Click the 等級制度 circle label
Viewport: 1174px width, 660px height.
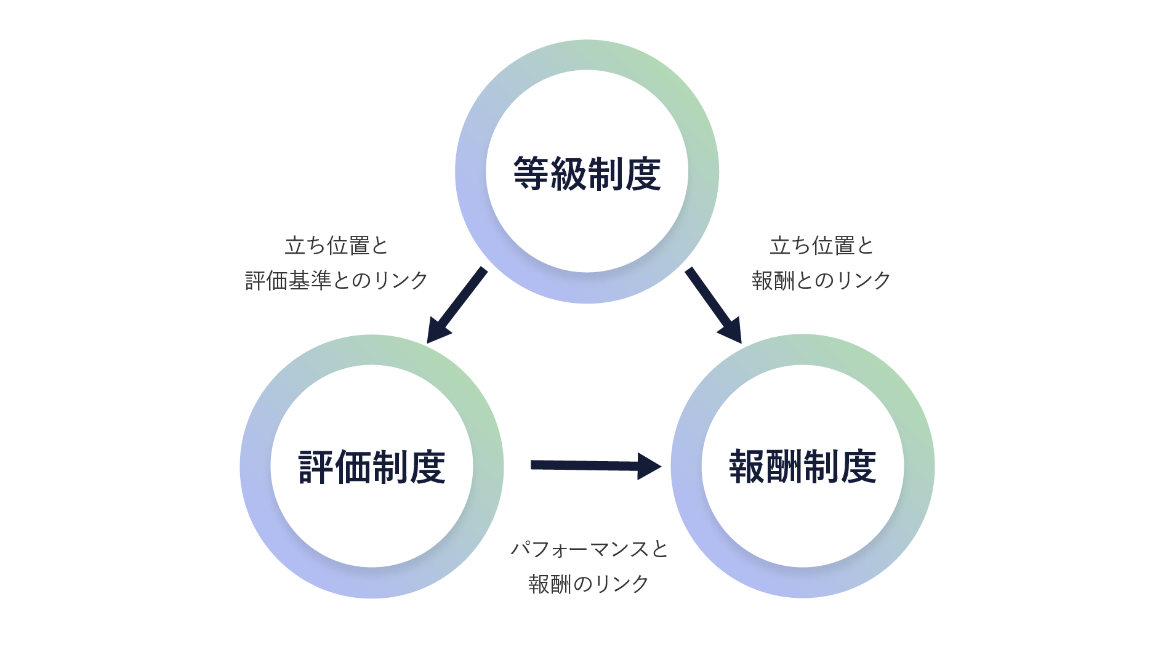(587, 174)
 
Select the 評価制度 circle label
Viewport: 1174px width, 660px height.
(371, 467)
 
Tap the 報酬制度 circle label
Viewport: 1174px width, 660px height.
(802, 467)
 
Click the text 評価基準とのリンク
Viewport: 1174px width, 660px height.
(336, 281)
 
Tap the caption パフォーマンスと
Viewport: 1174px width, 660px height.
(589, 549)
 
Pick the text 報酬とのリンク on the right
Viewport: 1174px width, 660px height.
(821, 281)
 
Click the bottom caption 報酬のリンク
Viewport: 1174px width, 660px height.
(589, 584)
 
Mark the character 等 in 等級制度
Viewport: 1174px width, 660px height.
(531, 174)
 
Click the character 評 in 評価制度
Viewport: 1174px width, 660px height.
(316, 467)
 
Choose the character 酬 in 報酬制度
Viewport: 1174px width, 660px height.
(784, 467)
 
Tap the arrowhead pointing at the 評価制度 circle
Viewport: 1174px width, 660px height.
(438, 330)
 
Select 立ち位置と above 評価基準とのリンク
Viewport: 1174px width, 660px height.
(336, 246)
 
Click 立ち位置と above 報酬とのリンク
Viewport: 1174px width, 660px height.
(821, 246)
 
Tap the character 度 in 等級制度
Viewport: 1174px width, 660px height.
(643, 174)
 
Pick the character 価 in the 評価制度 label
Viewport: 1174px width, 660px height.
(353, 467)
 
